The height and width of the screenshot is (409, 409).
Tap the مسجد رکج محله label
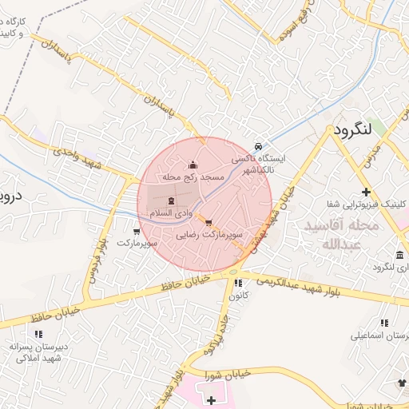coord(191,176)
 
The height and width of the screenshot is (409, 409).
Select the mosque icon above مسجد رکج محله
coord(192,165)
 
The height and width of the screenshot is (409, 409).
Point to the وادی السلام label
coord(171,212)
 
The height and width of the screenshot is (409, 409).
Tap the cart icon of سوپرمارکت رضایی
coord(208,223)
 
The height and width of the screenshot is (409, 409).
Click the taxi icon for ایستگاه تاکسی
coord(257,147)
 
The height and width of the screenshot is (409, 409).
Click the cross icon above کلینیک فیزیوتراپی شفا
coord(366,192)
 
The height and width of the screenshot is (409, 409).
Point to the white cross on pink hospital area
coord(211,399)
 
